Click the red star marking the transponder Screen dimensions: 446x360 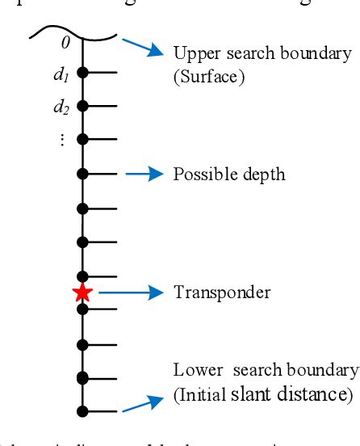(82, 292)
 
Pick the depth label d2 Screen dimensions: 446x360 (60, 106)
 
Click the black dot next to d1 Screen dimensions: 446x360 (82, 73)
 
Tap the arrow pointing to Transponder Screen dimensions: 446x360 (142, 292)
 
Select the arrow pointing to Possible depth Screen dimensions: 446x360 (142, 174)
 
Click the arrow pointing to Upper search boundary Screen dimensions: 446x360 (142, 50)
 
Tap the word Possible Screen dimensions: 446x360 (199, 175)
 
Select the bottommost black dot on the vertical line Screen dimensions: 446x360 (82, 410)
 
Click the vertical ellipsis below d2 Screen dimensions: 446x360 (61, 139)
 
